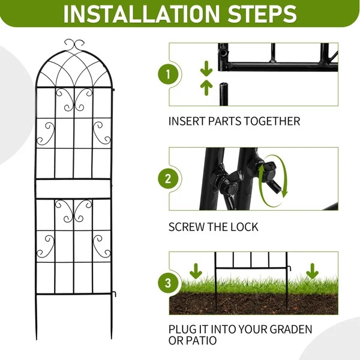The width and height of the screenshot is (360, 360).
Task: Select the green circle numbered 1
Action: pos(168,75)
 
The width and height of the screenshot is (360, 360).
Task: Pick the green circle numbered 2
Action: pos(168,179)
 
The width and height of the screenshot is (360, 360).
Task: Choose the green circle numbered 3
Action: pos(168,283)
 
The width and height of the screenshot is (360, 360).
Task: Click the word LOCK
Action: pos(245,227)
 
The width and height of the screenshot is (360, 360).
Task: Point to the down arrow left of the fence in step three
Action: pos(194,270)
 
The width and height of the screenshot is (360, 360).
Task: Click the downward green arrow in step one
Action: pos(205,67)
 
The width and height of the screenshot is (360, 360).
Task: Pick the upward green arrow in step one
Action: pos(205,87)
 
